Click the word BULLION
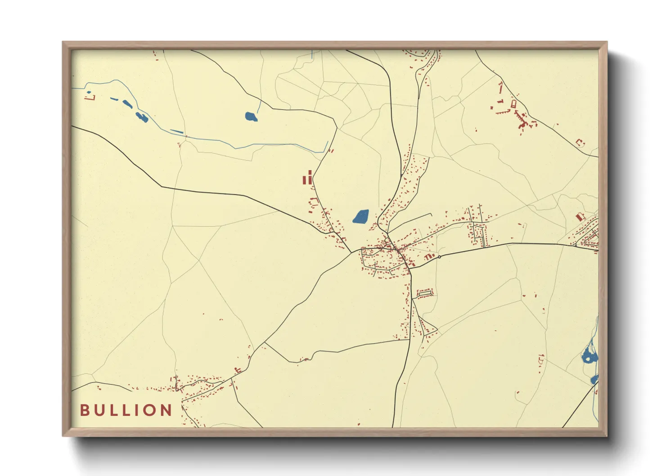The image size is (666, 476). click(x=126, y=410)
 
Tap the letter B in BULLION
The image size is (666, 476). click(x=84, y=410)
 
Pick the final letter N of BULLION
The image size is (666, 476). click(x=166, y=410)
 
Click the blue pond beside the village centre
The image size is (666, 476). click(x=360, y=217)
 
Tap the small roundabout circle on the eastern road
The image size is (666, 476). click(x=439, y=257)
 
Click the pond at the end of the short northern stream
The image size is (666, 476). click(x=251, y=117)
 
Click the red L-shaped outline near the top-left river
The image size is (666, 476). click(x=90, y=96)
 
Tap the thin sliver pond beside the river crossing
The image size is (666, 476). click(x=177, y=132)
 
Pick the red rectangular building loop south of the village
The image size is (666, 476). click(x=425, y=293)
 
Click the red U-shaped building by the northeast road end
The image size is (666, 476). click(x=580, y=143)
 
